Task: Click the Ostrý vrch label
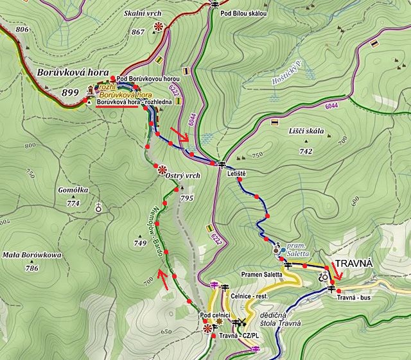(183, 175)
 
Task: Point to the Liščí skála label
(306, 131)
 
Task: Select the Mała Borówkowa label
(32, 255)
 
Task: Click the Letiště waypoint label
(236, 173)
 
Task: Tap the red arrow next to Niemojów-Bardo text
(165, 279)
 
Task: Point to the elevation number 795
(187, 198)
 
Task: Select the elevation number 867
(137, 32)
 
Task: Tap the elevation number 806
(22, 30)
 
